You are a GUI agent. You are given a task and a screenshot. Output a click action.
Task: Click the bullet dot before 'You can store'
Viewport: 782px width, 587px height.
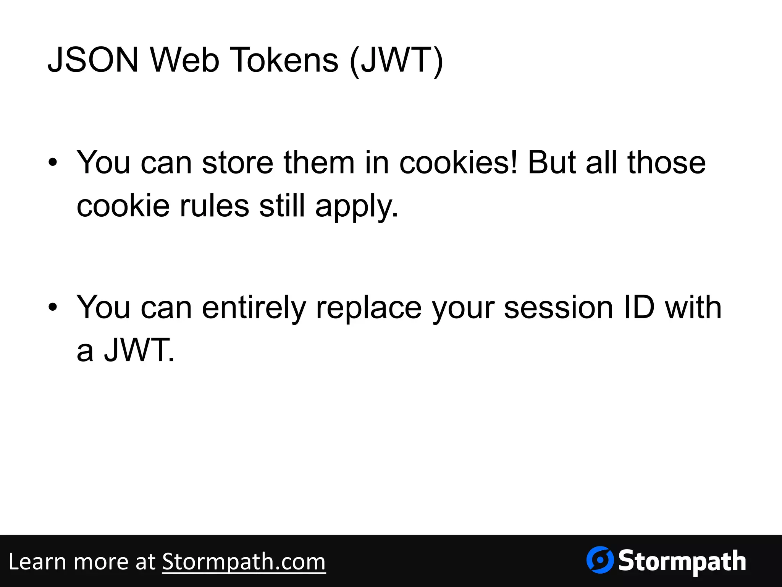(x=53, y=163)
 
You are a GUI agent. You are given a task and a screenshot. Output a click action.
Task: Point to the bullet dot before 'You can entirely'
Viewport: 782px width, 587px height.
(x=53, y=307)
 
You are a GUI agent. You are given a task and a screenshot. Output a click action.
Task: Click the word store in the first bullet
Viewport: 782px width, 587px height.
(x=238, y=163)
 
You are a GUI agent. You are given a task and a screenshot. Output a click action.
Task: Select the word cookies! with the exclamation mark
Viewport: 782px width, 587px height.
(x=458, y=163)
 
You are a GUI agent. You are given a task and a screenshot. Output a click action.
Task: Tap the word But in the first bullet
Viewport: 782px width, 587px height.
(x=551, y=163)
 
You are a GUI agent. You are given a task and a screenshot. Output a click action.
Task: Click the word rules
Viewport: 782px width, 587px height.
(x=214, y=206)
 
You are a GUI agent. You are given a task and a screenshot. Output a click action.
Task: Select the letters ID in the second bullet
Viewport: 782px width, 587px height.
(x=639, y=307)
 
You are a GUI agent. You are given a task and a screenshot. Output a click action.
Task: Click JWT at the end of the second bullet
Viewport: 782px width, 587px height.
(x=139, y=350)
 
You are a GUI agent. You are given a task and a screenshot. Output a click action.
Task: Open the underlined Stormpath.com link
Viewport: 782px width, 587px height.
(x=244, y=562)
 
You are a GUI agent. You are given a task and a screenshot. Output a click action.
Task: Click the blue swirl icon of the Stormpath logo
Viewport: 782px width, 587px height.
(x=600, y=560)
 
